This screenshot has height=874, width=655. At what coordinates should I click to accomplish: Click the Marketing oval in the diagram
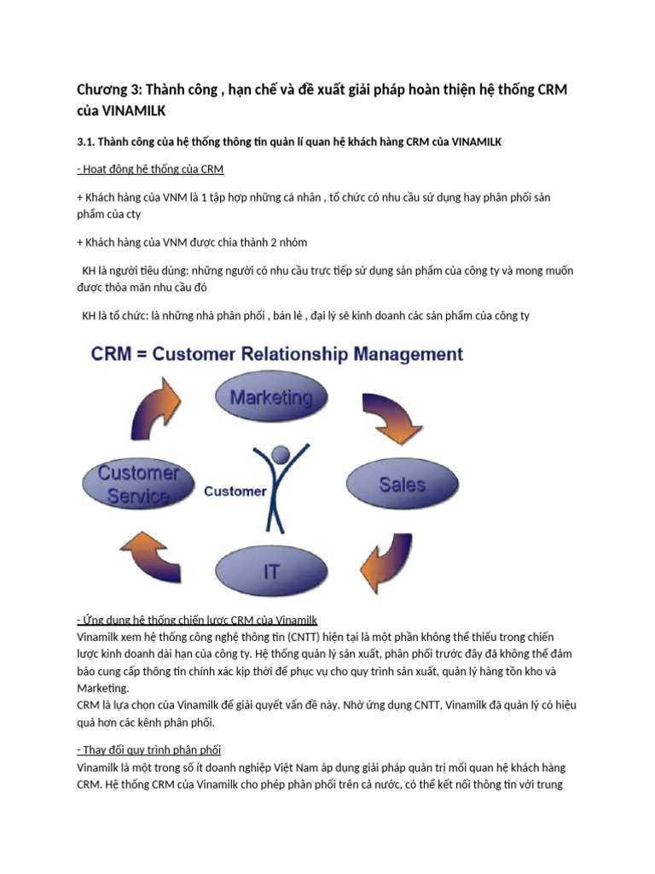pyautogui.click(x=271, y=397)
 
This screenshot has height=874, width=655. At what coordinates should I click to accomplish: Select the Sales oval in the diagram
pyautogui.click(x=401, y=484)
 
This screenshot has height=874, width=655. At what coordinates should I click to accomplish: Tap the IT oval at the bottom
pyautogui.click(x=271, y=570)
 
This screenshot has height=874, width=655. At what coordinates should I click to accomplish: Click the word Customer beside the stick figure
pyautogui.click(x=235, y=492)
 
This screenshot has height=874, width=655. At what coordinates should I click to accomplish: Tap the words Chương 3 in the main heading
pyautogui.click(x=107, y=90)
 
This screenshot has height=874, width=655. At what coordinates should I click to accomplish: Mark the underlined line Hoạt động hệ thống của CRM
pyautogui.click(x=150, y=169)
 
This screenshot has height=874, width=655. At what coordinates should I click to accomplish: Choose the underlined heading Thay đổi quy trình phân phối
pyautogui.click(x=148, y=749)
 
